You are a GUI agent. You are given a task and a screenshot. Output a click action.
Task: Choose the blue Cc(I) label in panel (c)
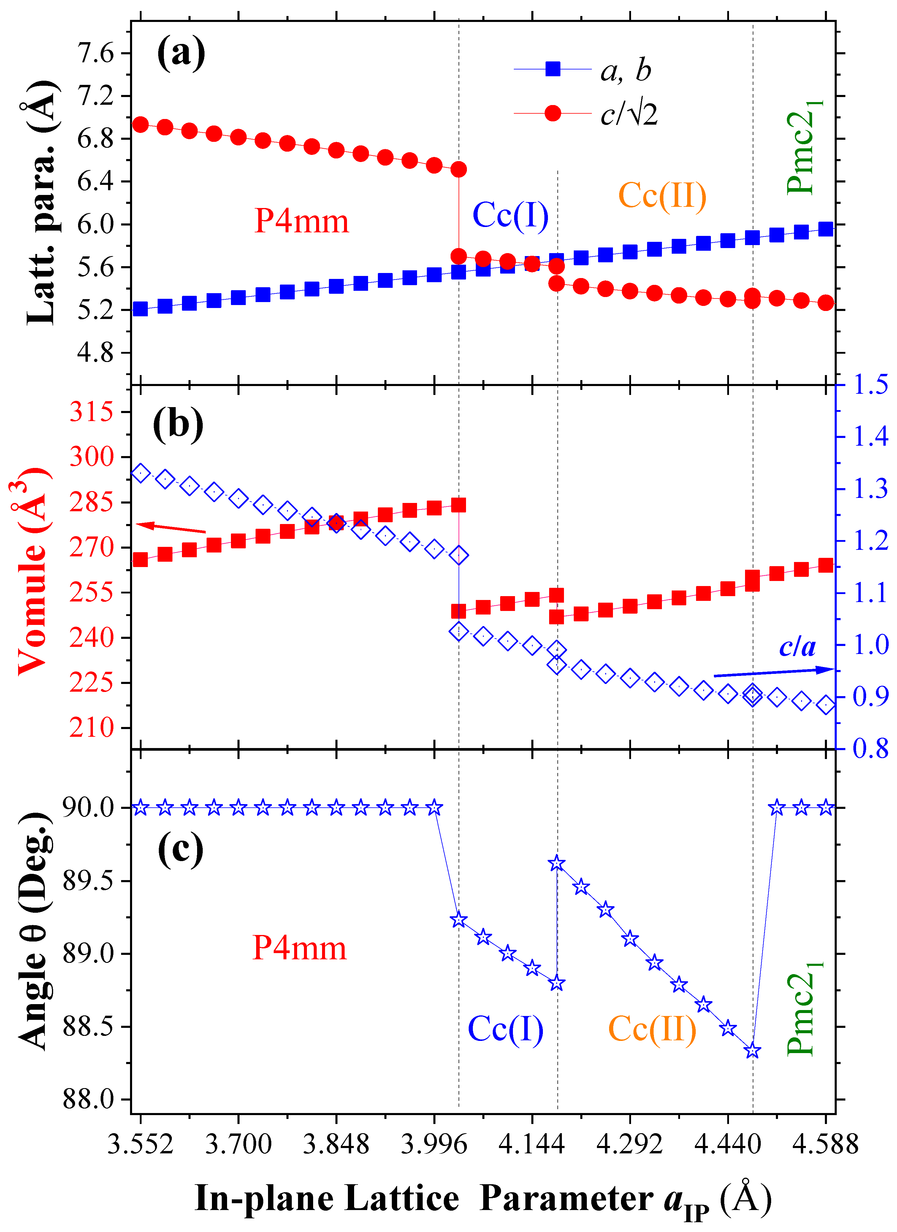click(505, 1028)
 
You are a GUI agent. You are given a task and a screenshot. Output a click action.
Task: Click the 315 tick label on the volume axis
click(91, 412)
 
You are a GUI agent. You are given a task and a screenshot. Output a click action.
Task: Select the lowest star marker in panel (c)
click(752, 1051)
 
